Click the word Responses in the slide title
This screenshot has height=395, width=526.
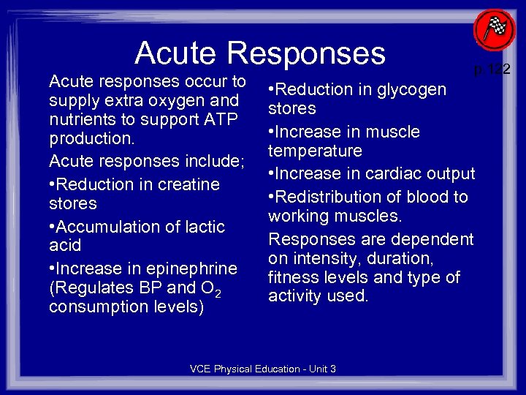306,52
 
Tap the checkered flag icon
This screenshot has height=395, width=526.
495,31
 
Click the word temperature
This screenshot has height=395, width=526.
315,151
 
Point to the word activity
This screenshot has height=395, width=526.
295,296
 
